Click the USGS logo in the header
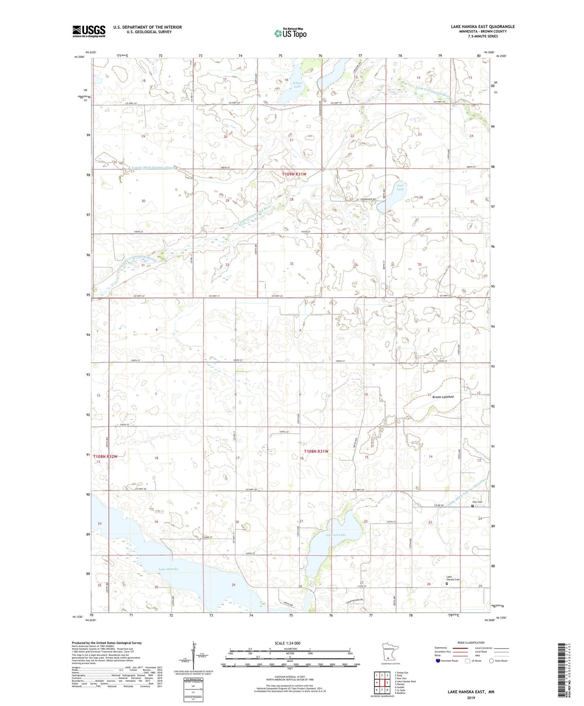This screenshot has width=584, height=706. point(89,31)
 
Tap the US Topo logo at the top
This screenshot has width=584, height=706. point(290,33)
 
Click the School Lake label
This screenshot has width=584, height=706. point(297,85)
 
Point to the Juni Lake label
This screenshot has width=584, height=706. point(400,187)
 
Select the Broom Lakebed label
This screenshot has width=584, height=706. point(443,397)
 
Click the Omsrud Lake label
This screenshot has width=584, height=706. point(335,535)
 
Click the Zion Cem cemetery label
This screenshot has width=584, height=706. point(477,502)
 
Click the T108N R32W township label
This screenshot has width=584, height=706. point(105,457)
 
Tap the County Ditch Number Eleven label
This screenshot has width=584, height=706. point(154,167)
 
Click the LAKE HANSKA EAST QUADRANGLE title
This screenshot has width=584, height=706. point(483,27)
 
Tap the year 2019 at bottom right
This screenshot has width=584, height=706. point(471,698)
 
